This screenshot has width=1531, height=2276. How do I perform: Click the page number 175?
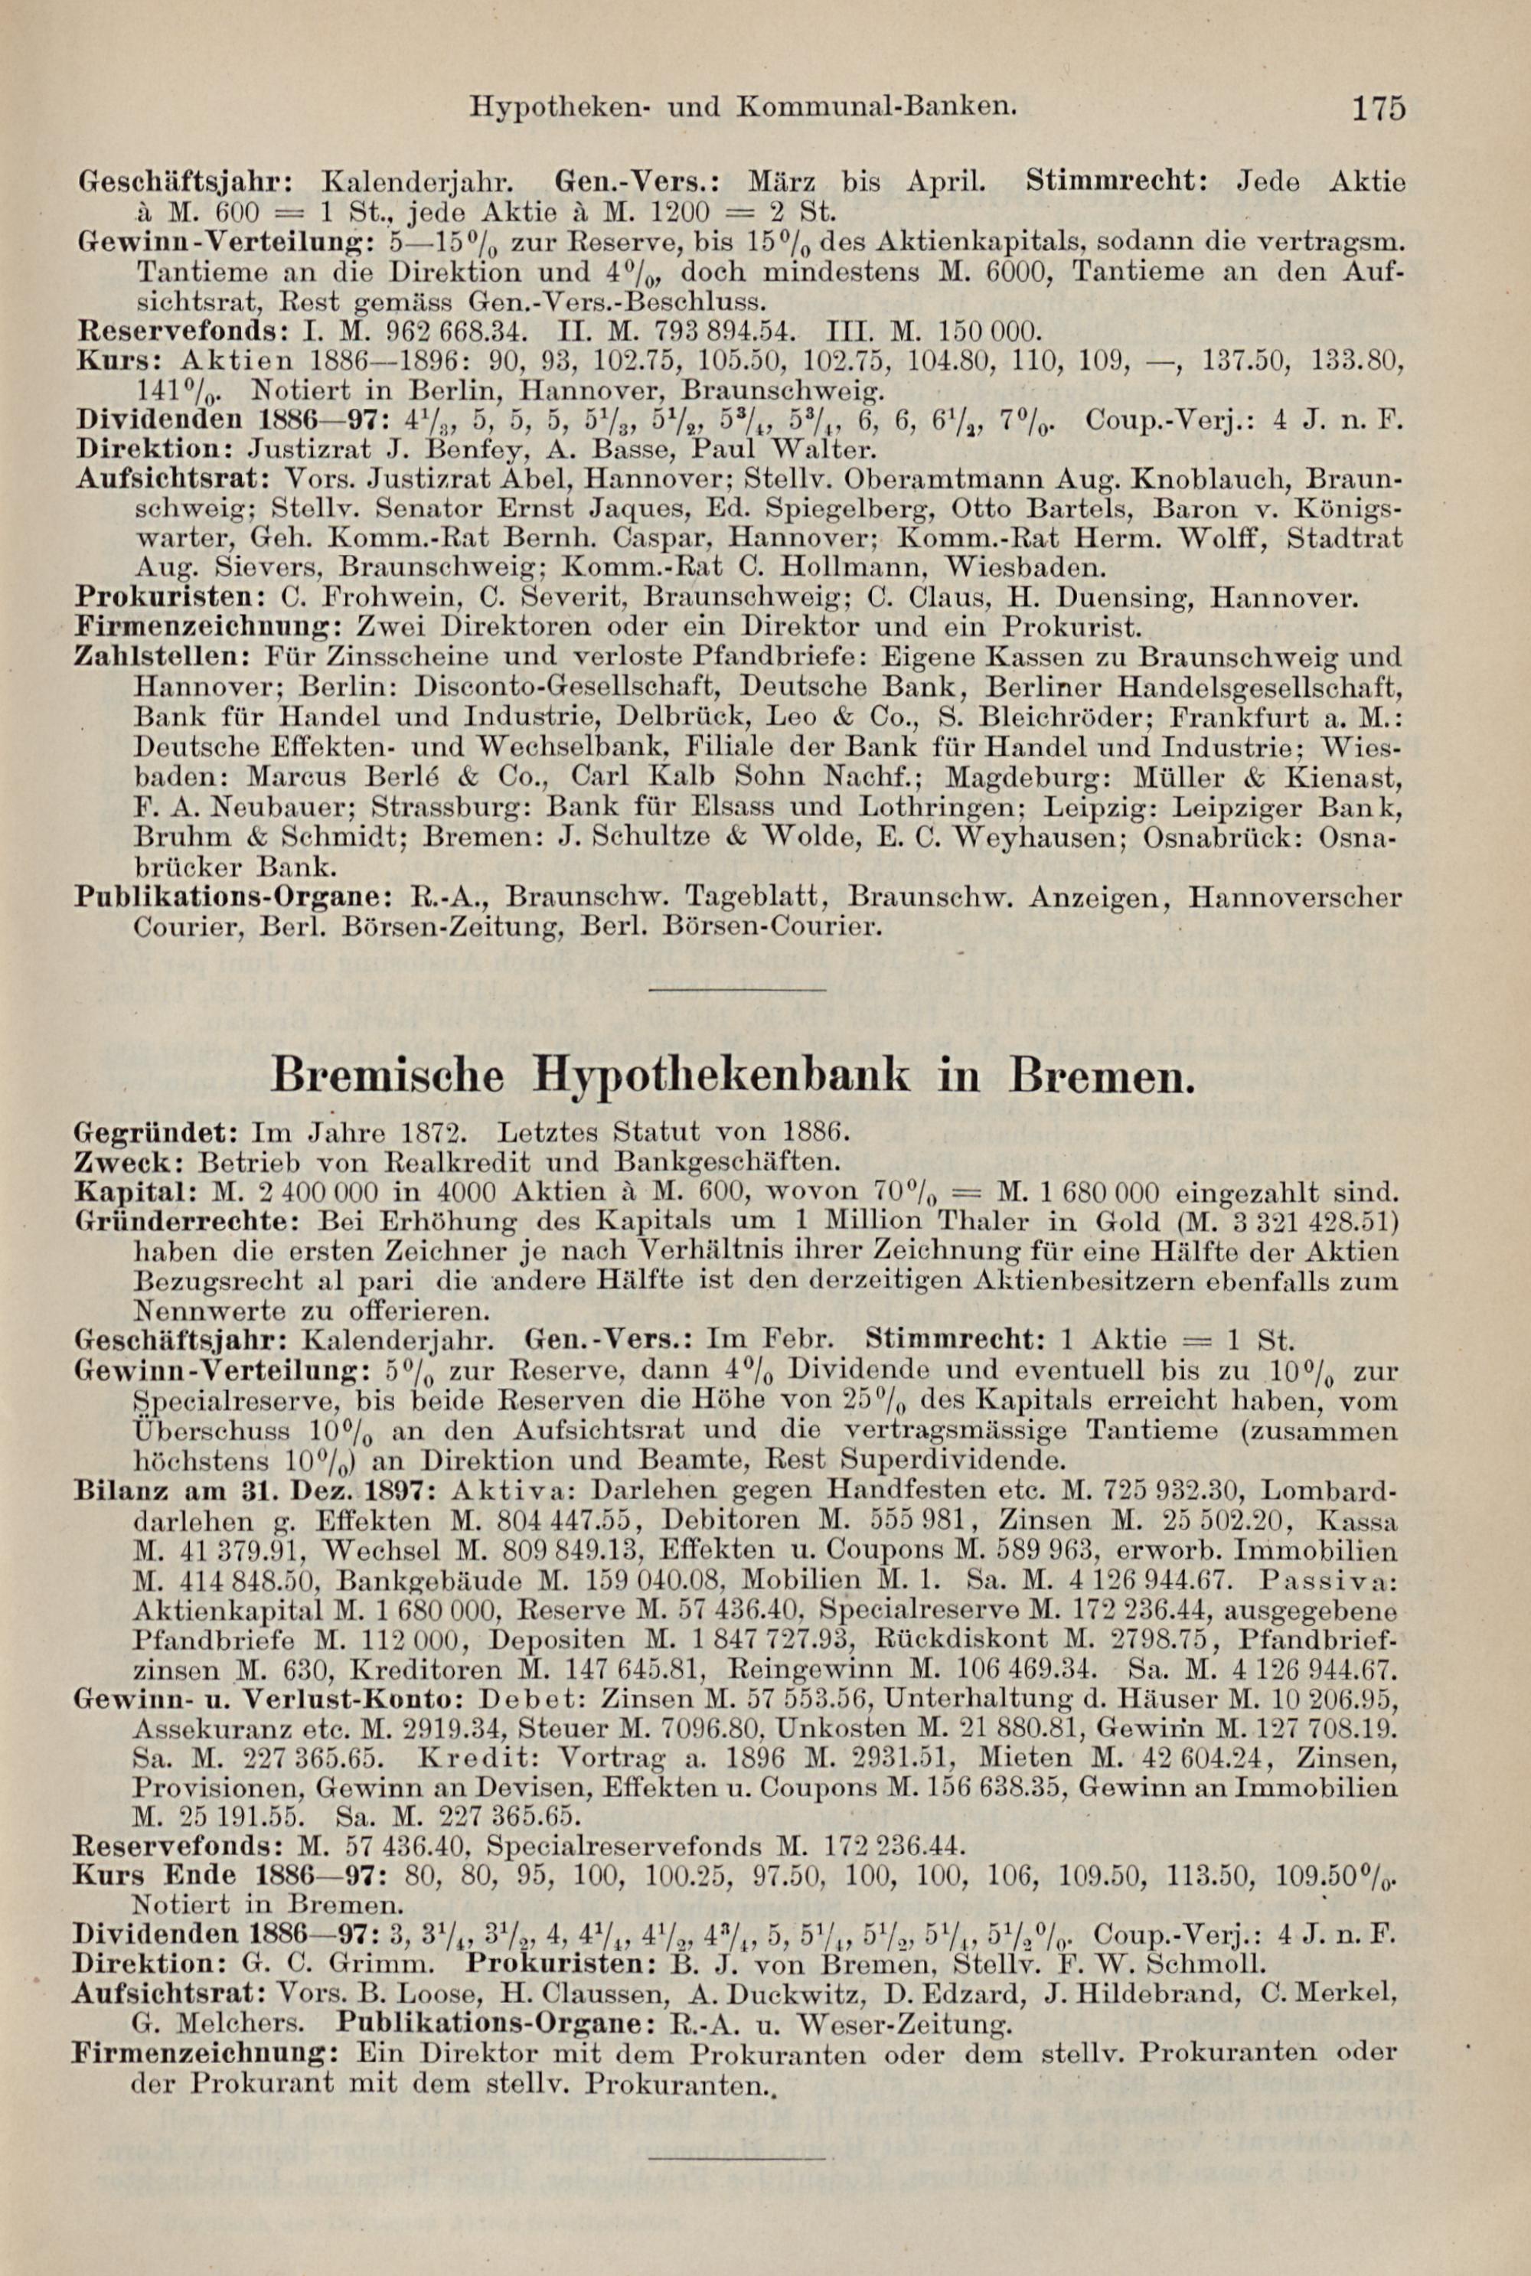(x=1379, y=106)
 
